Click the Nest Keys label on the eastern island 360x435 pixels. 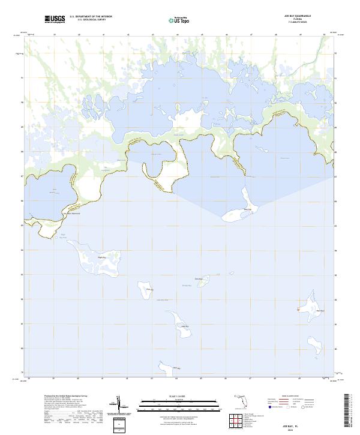coord(320,310)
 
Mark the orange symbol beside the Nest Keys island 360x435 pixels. coord(298,310)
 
